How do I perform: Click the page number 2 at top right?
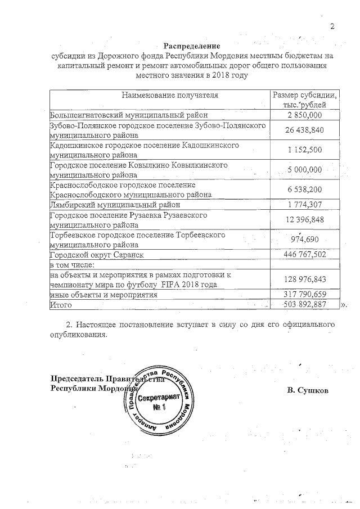tap(332, 26)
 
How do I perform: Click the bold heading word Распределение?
tap(192, 46)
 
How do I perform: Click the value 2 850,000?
tap(304, 115)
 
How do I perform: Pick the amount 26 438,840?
tap(304, 130)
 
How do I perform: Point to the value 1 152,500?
tap(304, 150)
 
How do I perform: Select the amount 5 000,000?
tap(304, 169)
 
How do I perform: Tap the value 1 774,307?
tap(304, 204)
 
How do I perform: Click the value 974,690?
tap(304, 239)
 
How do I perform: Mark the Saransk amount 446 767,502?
tap(304, 255)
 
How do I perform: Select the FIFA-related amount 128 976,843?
tap(304, 279)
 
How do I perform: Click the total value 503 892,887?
tap(304, 304)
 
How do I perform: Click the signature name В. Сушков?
tap(307, 390)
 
